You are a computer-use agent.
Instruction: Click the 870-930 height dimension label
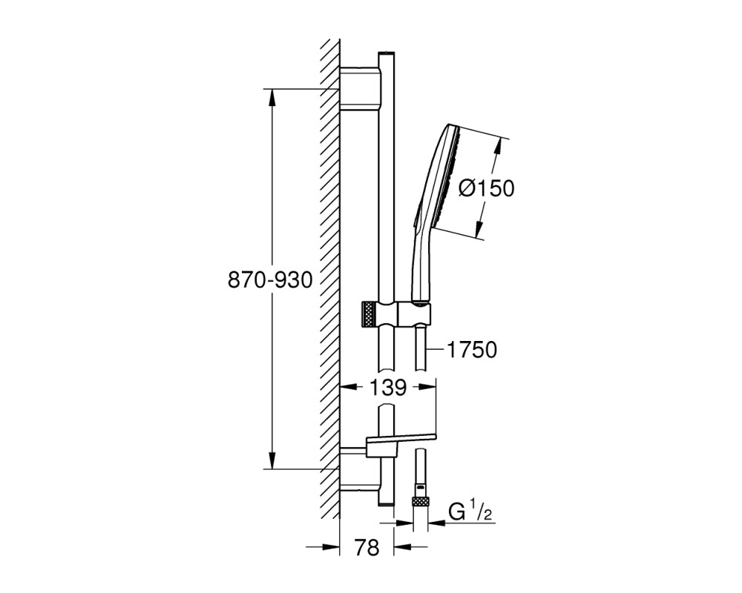270,280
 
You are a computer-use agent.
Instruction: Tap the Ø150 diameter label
487,189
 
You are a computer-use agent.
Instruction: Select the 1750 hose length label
472,351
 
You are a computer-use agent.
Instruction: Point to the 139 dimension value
387,388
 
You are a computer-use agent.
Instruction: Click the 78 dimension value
367,548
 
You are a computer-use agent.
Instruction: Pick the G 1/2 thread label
470,513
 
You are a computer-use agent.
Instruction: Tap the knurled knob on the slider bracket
369,314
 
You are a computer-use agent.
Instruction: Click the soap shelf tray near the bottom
401,440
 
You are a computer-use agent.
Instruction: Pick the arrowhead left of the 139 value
351,387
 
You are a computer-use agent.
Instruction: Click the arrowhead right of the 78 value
404,547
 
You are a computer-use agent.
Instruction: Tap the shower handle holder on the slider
415,313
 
